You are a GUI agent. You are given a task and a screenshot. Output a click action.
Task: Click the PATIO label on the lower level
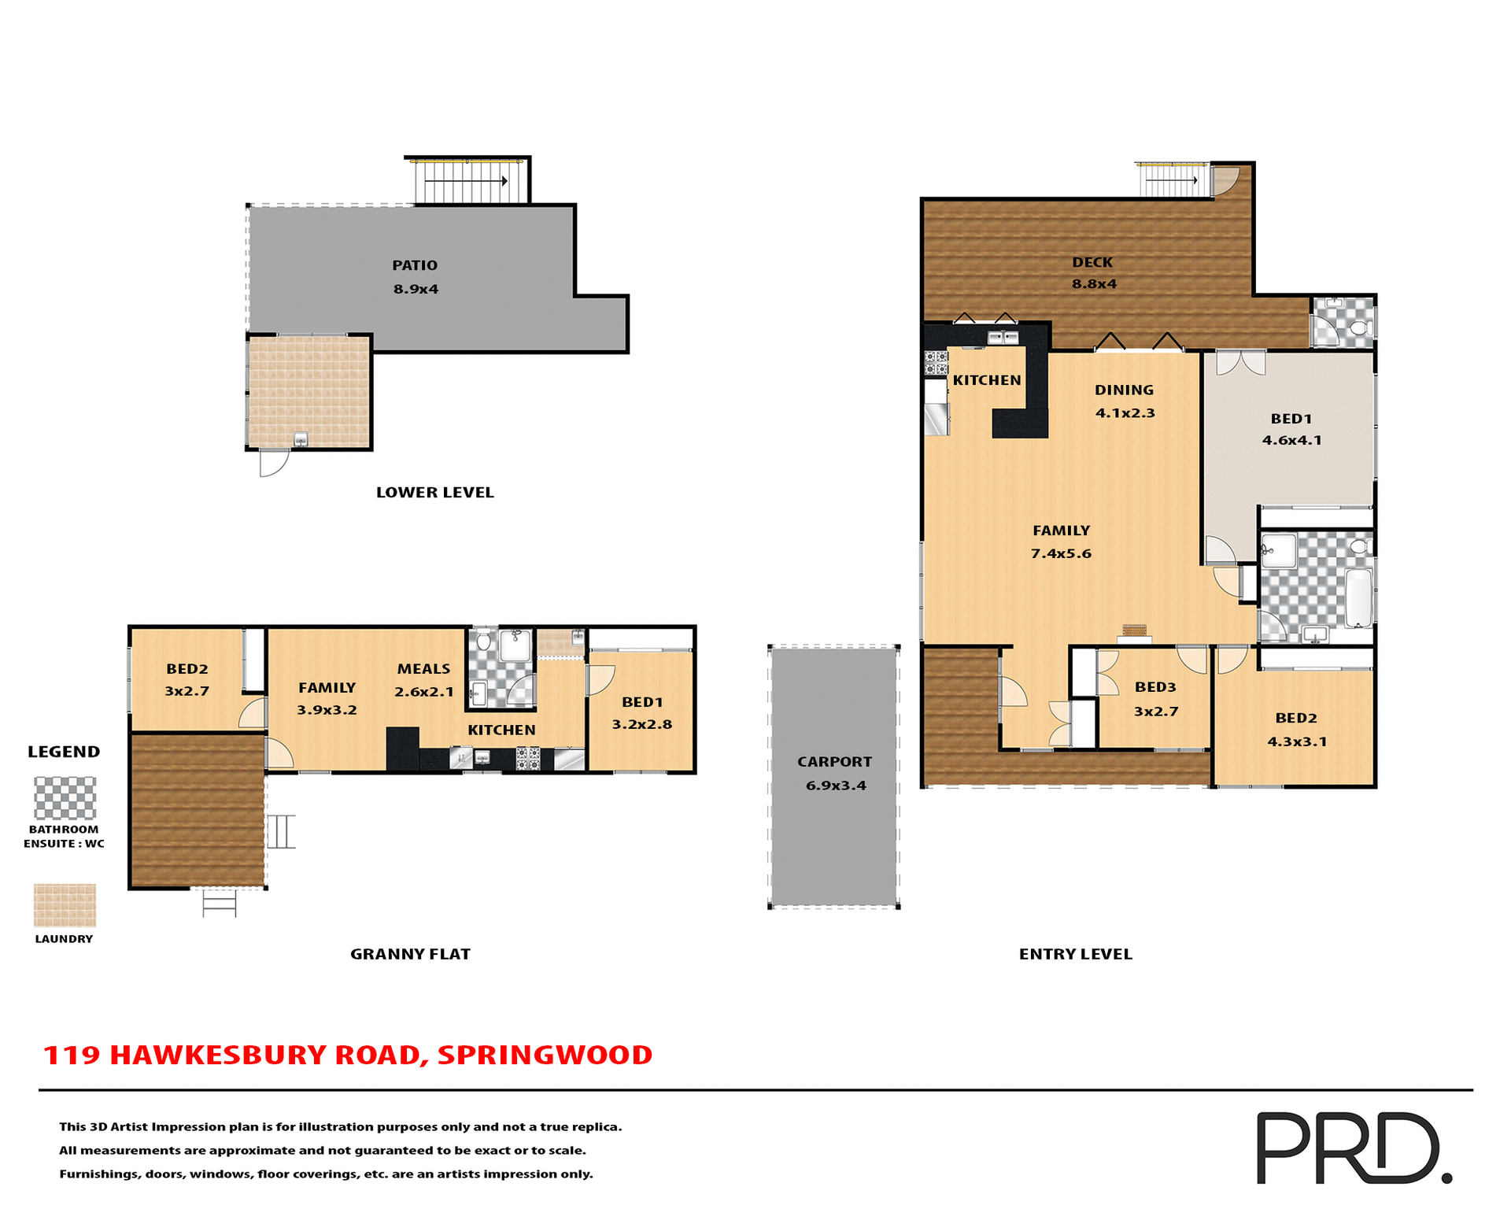pos(415,265)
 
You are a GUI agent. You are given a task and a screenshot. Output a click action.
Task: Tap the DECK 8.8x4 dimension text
pos(1094,284)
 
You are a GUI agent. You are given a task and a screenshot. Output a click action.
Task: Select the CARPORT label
pos(834,762)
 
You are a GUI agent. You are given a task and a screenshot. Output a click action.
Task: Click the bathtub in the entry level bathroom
pos(1358,597)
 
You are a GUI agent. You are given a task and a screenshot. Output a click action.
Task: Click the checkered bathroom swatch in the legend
pos(65,798)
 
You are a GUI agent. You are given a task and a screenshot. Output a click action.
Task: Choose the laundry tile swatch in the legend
pos(65,905)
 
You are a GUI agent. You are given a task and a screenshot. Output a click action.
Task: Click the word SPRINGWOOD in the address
pos(545,1056)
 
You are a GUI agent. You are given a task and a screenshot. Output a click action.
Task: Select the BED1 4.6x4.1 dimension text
pos(1291,441)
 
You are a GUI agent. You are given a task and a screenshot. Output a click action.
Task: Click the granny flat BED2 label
pos(187,669)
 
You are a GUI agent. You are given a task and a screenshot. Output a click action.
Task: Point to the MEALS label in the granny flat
pos(423,669)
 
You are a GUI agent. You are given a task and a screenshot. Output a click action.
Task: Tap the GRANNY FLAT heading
pos(410,954)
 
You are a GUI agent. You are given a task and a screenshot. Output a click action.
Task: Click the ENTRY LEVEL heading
pos(1075,954)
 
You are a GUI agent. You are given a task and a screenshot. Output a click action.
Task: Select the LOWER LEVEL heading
pos(434,493)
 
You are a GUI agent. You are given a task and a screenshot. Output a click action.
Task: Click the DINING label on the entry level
pos(1124,390)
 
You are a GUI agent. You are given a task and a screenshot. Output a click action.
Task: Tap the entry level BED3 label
pos(1155,687)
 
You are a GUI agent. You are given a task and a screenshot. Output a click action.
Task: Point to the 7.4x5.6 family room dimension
pos(1061,554)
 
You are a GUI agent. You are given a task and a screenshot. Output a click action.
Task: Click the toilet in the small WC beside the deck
pos(1359,327)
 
